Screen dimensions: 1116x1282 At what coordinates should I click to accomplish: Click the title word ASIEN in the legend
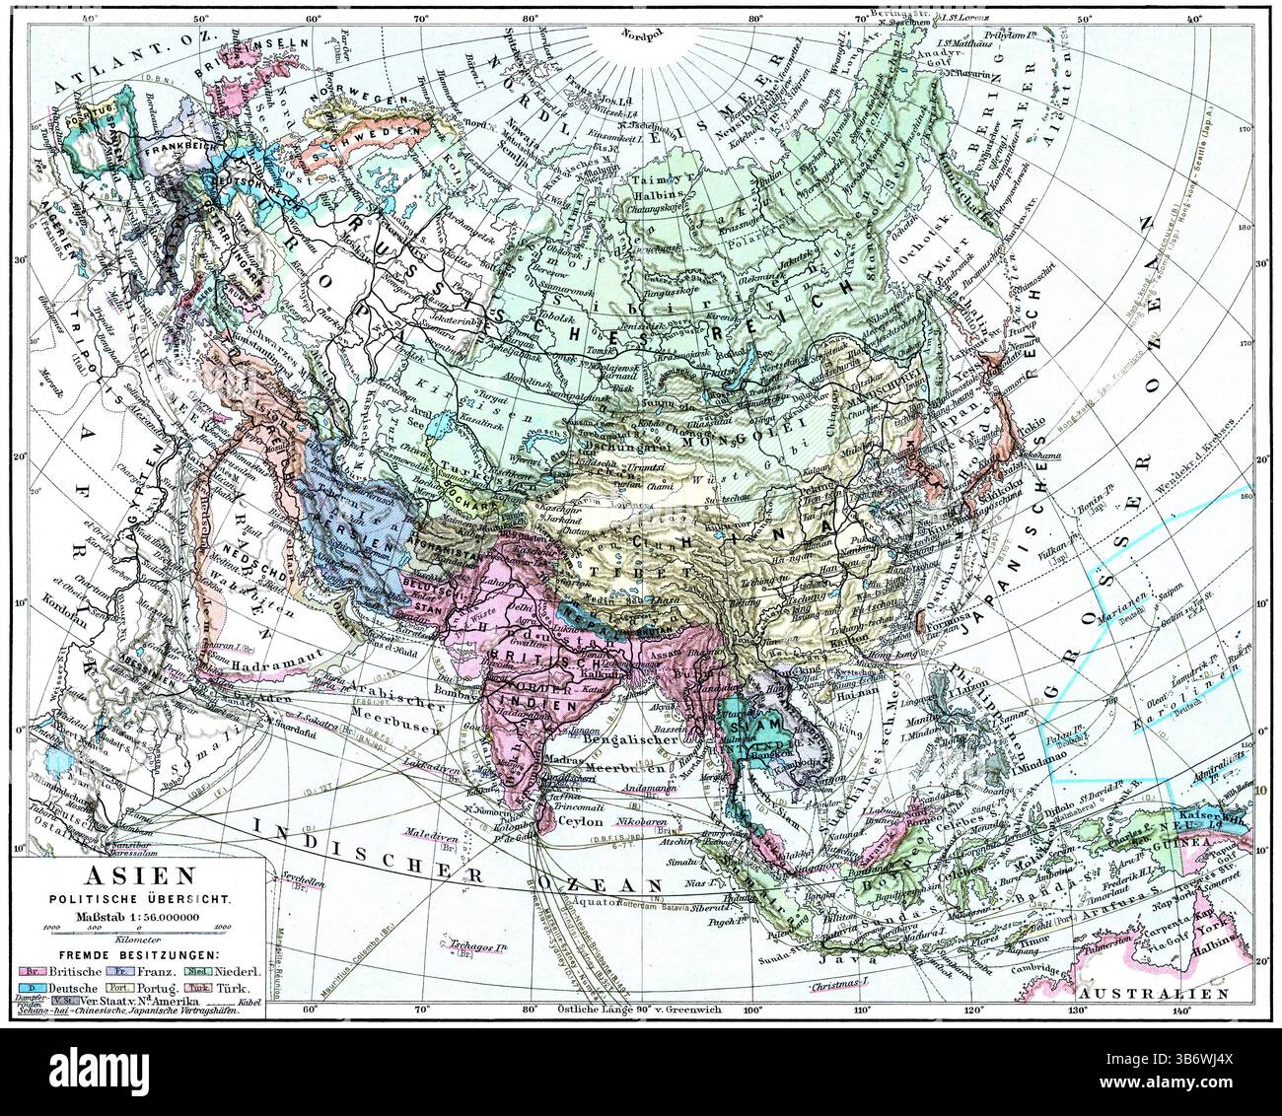[138, 875]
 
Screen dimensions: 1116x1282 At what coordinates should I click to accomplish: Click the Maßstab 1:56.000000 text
[139, 916]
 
